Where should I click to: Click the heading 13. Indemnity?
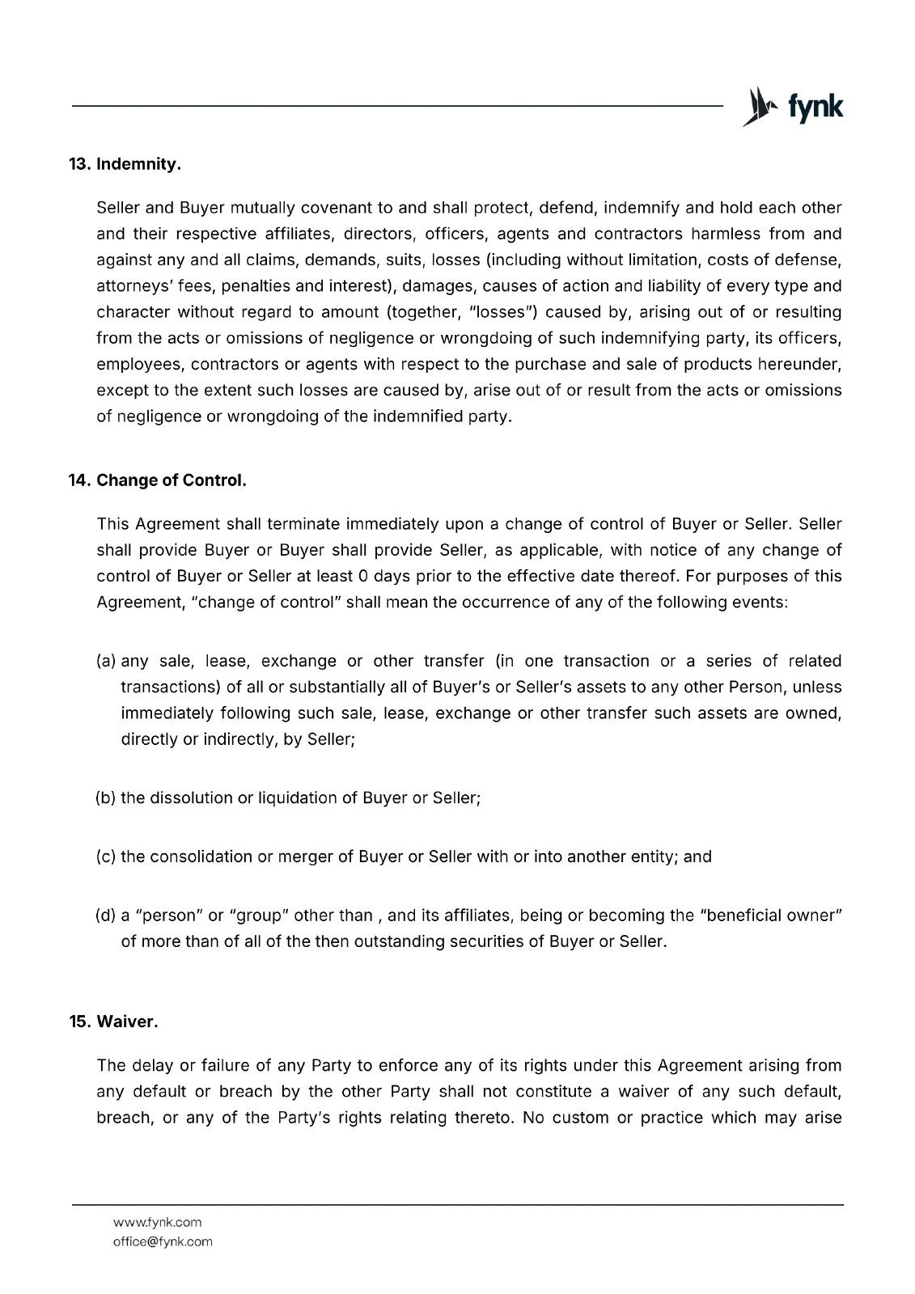pos(125,164)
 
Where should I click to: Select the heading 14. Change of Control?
pos(157,480)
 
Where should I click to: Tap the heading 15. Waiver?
pos(113,1021)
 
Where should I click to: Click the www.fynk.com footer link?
pos(157,1222)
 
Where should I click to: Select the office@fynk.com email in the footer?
pos(163,1241)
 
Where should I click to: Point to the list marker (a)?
pos(106,662)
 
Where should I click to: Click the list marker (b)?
pos(106,798)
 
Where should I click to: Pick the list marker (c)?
pos(106,856)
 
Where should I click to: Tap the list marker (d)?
pos(106,916)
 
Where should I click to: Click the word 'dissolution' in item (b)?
pos(190,798)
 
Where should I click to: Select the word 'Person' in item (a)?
pos(759,687)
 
